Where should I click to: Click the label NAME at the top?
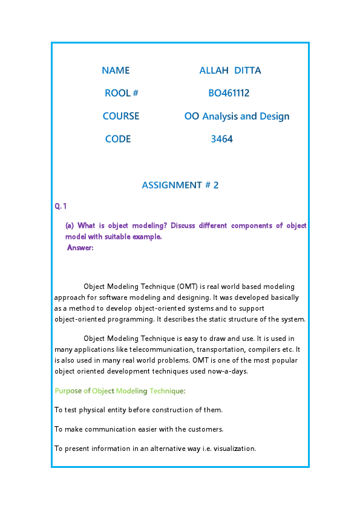coord(116,70)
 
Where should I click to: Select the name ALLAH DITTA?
coord(230,70)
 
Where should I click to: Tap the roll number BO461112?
coord(229,93)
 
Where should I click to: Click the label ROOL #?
coord(122,93)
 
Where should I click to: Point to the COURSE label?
coord(121,116)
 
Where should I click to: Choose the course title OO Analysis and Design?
coord(237,116)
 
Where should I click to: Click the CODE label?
coord(118,139)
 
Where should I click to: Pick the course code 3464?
coord(222,139)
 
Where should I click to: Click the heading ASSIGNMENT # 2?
coord(180,185)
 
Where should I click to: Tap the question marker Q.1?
coord(61,207)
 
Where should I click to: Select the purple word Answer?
coord(80,247)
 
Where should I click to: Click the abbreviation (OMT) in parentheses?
coord(186,286)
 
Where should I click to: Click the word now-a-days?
coord(230,371)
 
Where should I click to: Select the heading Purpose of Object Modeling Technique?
coord(120,391)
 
